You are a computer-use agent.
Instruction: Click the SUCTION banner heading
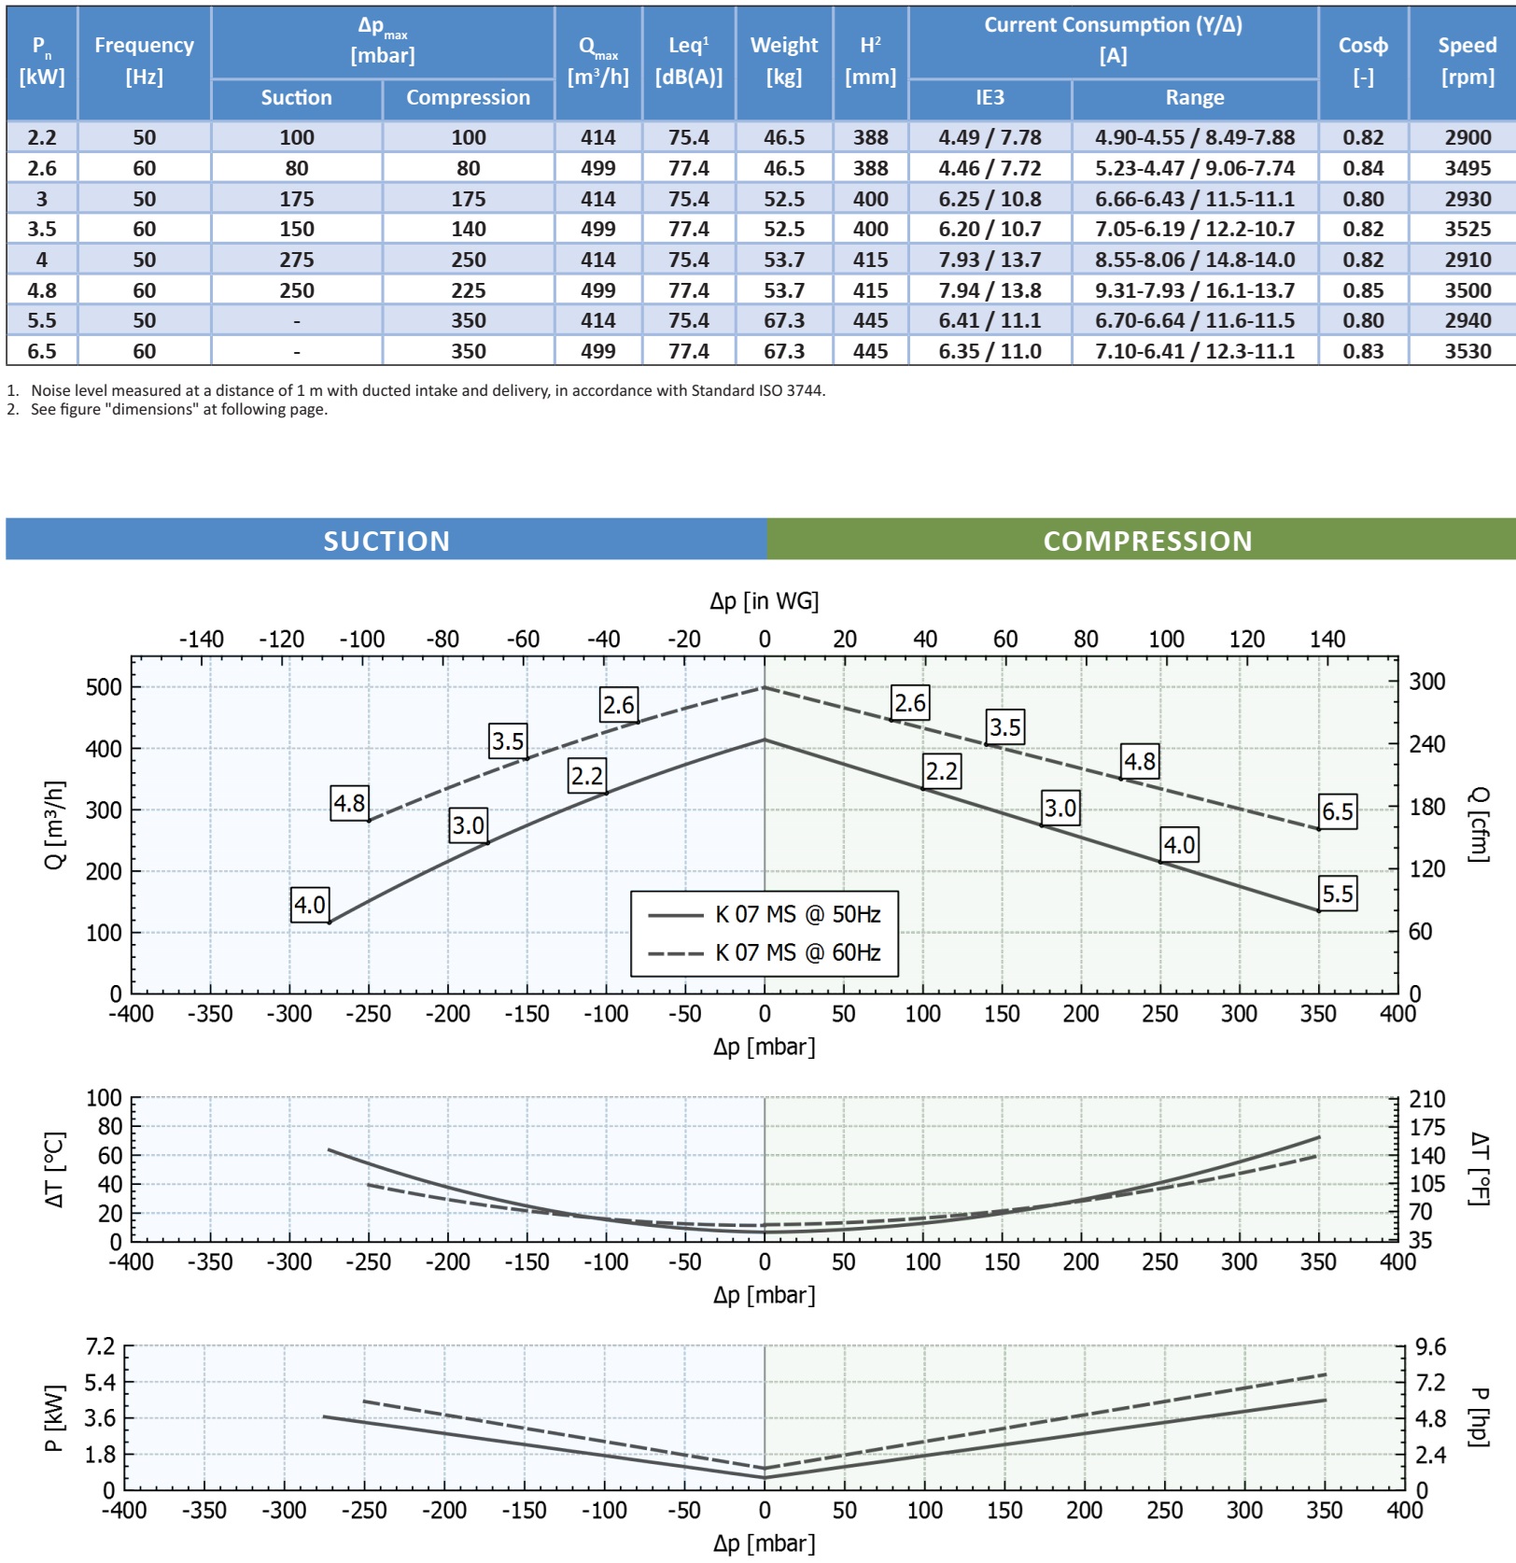coord(386,541)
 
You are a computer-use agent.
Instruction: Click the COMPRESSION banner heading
coord(1147,541)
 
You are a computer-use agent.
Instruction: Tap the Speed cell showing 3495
coord(1467,168)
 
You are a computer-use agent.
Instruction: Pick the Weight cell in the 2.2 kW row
coord(784,137)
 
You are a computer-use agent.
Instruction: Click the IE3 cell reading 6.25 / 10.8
coord(990,199)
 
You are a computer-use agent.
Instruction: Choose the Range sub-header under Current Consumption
coord(1194,98)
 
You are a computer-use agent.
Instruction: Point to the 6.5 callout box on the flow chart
coord(1337,811)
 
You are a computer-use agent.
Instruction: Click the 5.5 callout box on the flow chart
coord(1337,894)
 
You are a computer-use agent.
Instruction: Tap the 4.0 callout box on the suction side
coord(310,905)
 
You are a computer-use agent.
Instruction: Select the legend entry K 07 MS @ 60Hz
coord(797,952)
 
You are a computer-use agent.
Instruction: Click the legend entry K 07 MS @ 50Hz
coord(797,914)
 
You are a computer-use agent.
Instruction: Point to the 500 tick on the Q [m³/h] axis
coord(104,687)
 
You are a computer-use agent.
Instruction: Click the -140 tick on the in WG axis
coord(201,640)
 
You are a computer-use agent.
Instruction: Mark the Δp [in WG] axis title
coord(764,601)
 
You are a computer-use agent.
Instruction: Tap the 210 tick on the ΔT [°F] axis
coord(1426,1099)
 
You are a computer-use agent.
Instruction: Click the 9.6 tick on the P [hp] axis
coord(1430,1347)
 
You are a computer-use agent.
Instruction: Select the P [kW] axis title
coord(54,1417)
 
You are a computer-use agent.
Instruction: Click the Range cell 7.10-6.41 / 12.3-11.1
coord(1194,351)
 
